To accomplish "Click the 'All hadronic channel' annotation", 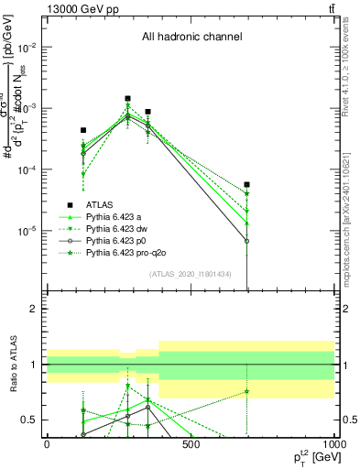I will tap(191, 38).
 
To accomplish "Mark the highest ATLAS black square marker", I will tap(128, 98).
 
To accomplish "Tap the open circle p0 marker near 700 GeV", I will tap(247, 241).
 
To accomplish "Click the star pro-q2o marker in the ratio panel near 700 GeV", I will tap(247, 392).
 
